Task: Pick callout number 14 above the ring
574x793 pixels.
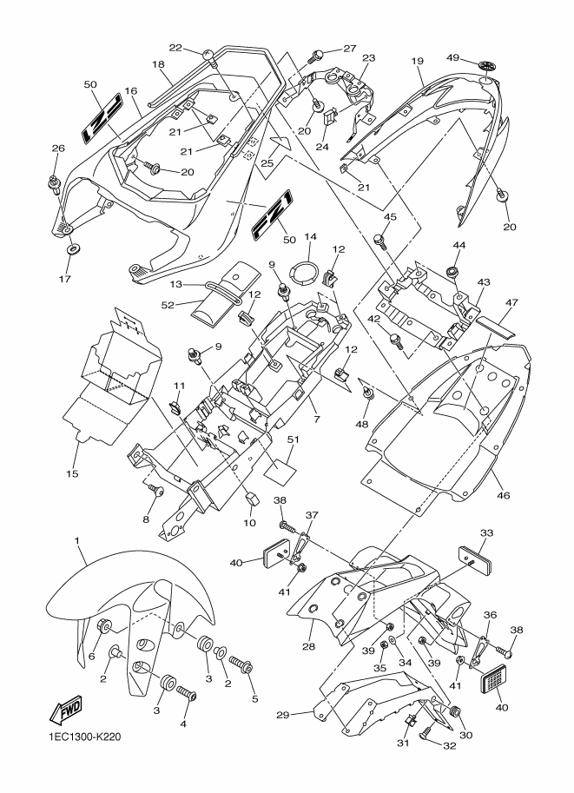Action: pos(311,237)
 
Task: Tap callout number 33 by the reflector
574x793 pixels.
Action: pos(485,534)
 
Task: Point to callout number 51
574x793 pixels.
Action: pos(293,440)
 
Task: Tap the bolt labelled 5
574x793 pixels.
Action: pos(243,668)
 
